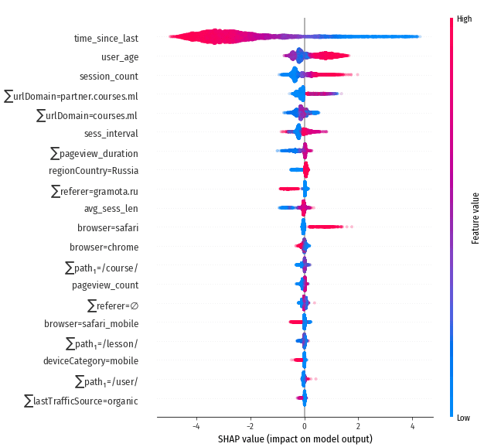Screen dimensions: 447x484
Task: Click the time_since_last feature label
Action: [106, 38]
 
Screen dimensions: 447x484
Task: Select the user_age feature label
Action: [120, 57]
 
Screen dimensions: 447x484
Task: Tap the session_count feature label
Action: [109, 76]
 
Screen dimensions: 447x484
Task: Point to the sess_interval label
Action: [111, 133]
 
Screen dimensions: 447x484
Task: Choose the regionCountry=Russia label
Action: [94, 171]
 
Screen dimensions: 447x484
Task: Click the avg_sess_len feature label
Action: [111, 209]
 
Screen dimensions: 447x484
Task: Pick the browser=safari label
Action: [108, 228]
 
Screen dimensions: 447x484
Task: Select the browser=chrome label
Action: [104, 247]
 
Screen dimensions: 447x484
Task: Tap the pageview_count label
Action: [105, 285]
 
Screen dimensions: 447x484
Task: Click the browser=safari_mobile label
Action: [91, 323]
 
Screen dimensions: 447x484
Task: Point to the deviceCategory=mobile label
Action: [91, 361]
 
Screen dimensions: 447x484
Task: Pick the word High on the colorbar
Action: [465, 19]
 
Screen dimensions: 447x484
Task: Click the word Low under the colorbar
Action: [464, 417]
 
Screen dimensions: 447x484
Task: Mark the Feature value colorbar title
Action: [475, 218]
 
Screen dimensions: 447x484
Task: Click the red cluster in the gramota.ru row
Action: [289, 189]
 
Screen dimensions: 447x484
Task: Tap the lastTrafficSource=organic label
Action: [81, 401]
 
